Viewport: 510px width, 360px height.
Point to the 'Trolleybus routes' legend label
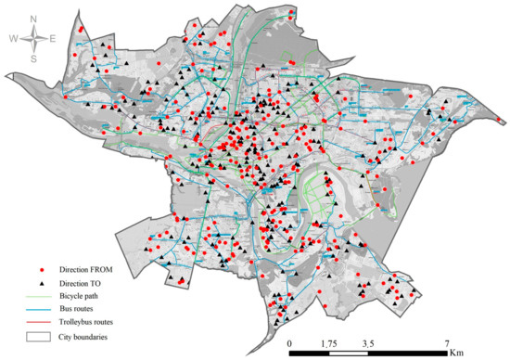[90, 321]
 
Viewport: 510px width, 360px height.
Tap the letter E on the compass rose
[53, 38]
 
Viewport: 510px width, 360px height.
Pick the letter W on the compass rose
[14, 38]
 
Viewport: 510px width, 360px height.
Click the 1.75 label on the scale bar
[329, 343]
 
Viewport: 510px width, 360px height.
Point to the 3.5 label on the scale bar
[369, 343]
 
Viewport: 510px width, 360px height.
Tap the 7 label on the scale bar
[448, 343]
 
